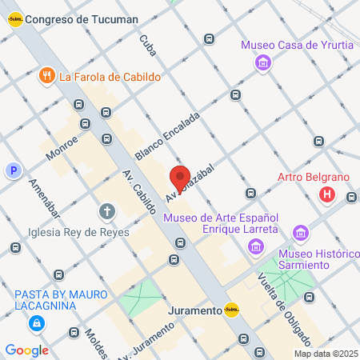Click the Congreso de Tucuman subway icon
(x=14, y=19)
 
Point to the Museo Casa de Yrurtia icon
(x=262, y=62)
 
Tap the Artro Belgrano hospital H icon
(x=326, y=194)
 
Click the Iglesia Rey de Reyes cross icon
(x=106, y=212)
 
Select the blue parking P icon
(x=13, y=170)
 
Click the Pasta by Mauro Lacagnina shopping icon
(x=36, y=324)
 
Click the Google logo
(x=26, y=350)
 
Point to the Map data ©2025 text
(x=324, y=354)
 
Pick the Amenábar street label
(x=44, y=198)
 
